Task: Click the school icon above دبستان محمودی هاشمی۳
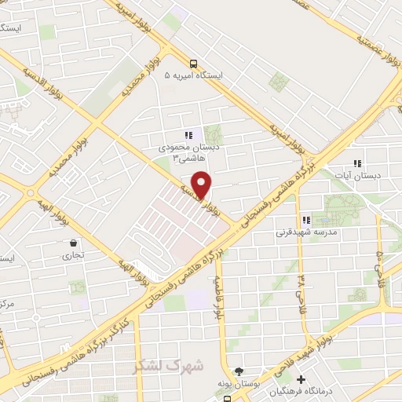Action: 188,134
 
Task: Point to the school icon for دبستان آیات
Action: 357,163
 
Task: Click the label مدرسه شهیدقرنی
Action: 306,233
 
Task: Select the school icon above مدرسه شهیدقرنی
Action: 306,221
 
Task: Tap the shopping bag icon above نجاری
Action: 73,243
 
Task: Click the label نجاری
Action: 73,255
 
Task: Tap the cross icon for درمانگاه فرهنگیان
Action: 301,380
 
